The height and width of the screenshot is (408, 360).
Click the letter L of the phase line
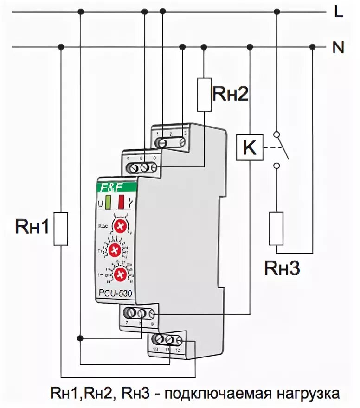pos(339,12)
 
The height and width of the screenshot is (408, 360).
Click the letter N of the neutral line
pos(338,47)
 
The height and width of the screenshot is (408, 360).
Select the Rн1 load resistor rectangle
pos(61,229)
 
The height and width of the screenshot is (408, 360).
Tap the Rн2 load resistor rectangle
pos(204,95)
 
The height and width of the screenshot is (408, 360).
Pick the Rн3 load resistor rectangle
pos(276,228)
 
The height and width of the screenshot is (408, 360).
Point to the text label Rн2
pos(231,94)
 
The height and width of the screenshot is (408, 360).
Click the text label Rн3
pos(282,268)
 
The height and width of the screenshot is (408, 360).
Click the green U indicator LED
pos(108,203)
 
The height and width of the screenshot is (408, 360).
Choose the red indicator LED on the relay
pos(122,203)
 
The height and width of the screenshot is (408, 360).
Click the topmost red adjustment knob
pos(121,227)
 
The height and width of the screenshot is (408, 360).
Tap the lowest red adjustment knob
pos(121,274)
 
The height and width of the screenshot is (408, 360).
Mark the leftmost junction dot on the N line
pos(61,46)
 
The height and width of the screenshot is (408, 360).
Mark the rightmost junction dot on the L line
pos(277,12)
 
